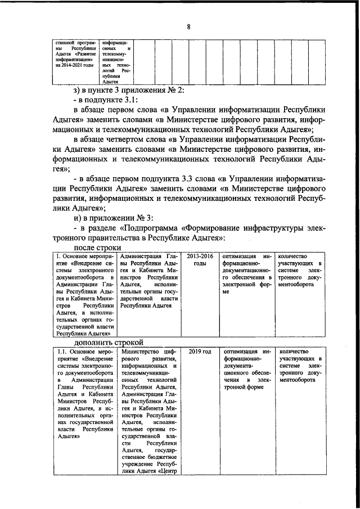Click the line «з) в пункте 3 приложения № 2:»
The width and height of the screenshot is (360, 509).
pyautogui.click(x=133, y=91)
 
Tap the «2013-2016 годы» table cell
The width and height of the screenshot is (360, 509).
pyautogui.click(x=195, y=260)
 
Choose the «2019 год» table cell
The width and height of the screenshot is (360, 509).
pyautogui.click(x=200, y=352)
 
